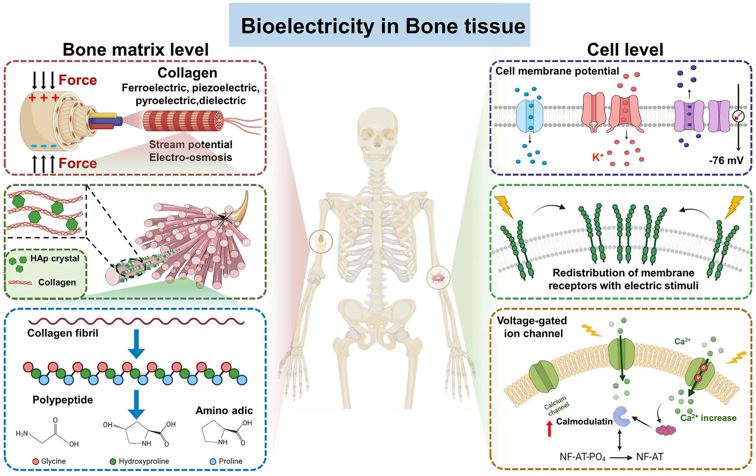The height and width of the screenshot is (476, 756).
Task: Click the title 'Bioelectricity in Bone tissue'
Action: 383,26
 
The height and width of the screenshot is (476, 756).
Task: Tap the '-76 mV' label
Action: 726,161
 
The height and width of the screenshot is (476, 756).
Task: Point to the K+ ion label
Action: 598,157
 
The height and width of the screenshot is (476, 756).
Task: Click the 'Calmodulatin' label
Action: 584,421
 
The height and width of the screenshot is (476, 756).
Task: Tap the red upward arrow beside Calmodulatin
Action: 549,429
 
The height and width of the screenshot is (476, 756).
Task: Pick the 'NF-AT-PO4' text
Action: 582,457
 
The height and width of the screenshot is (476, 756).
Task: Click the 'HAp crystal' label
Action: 55,258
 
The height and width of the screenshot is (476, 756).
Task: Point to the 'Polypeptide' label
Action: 63,400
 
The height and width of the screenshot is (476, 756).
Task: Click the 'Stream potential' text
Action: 190,144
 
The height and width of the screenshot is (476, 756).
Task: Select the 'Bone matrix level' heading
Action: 135,49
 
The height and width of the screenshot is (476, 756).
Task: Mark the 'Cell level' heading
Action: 625,49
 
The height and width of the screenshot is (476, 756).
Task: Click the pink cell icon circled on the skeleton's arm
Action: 438,277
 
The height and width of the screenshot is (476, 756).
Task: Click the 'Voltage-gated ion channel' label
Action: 532,327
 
